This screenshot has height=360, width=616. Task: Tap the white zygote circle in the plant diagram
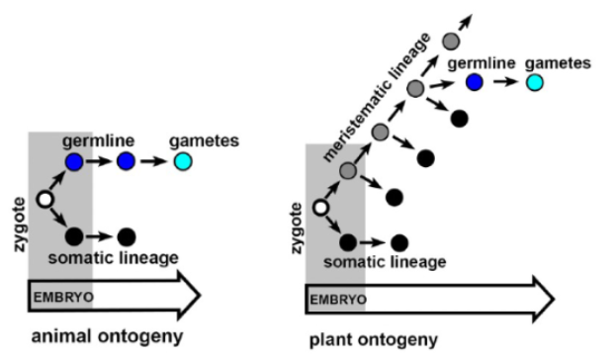[x=319, y=208]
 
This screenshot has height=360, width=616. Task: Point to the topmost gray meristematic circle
[x=451, y=41]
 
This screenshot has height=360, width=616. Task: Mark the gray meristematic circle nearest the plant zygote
[x=348, y=171]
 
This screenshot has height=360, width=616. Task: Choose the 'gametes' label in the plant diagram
[x=558, y=63]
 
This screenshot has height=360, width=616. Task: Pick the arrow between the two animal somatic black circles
[x=100, y=237]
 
